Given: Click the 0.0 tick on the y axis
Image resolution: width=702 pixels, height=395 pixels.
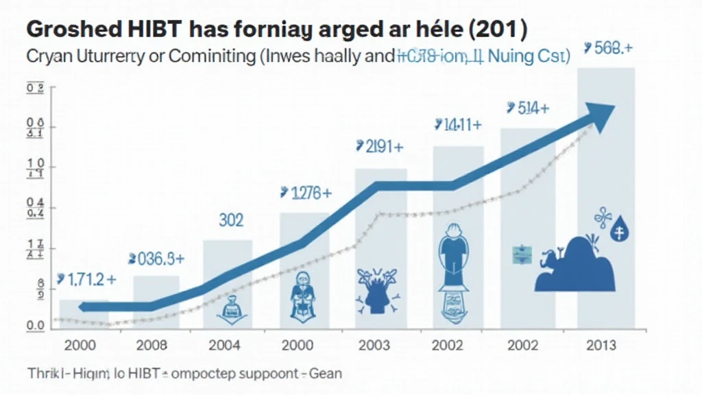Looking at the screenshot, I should [x=35, y=325].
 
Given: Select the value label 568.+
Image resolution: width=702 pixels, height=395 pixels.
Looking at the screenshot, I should [x=607, y=49].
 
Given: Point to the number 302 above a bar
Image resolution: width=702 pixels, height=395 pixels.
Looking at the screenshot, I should [x=232, y=220].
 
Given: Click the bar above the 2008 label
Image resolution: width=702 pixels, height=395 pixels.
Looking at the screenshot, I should [x=156, y=302].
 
